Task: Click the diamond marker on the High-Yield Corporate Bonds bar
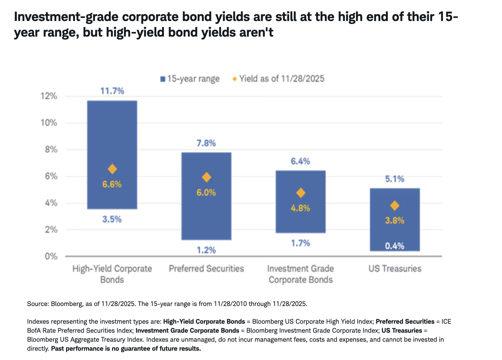[x=112, y=169]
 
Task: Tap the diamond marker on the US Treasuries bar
[x=395, y=206]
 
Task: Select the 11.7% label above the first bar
[x=112, y=91]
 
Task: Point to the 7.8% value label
[x=206, y=143]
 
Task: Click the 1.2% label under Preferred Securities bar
[x=206, y=250]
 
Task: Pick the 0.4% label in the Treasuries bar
[x=395, y=246]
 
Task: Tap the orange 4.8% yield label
[x=300, y=208]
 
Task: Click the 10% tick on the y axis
[x=49, y=123]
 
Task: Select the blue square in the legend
[x=163, y=79]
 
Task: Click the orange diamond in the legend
[x=235, y=79]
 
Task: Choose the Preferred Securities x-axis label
[x=206, y=268]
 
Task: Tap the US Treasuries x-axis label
[x=395, y=268]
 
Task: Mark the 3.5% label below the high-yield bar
[x=112, y=219]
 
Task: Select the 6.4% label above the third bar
[x=300, y=161]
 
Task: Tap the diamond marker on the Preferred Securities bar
[x=206, y=177]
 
